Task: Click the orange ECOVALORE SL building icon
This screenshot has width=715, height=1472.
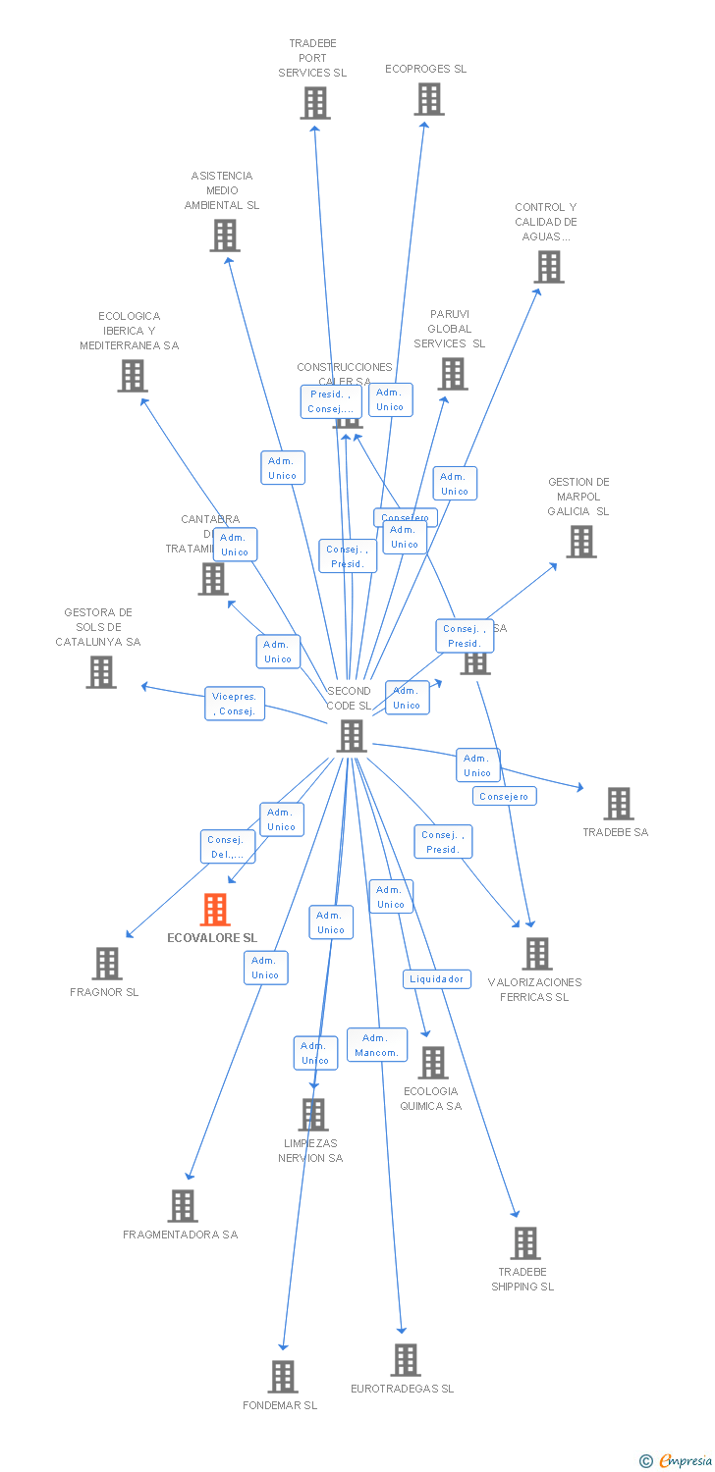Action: [x=215, y=910]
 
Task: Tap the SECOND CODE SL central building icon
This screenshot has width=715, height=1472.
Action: [x=352, y=736]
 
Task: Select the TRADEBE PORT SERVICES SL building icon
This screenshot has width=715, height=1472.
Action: [x=315, y=103]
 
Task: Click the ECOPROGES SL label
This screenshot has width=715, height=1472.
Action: [x=426, y=69]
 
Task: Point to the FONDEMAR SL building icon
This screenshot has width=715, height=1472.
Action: [x=283, y=1376]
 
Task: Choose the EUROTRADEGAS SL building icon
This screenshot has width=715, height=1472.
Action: [x=406, y=1359]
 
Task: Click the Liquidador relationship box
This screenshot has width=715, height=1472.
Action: [x=437, y=978]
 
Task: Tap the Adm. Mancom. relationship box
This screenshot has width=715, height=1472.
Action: [x=377, y=1045]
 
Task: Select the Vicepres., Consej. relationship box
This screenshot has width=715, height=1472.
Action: [x=236, y=704]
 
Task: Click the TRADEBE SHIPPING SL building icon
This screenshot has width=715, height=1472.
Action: [x=525, y=1243]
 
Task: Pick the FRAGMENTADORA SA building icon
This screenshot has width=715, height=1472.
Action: [x=183, y=1205]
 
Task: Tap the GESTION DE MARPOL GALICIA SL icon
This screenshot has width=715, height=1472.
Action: [x=580, y=541]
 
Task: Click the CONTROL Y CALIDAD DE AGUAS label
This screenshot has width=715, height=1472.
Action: [x=546, y=222]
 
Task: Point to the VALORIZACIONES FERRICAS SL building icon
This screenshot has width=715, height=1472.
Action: [x=537, y=953]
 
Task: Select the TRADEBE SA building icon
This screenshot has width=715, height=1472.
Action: [x=618, y=803]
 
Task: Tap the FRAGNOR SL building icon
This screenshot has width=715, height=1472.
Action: [x=107, y=963]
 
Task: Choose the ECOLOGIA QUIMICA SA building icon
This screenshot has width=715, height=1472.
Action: [x=432, y=1062]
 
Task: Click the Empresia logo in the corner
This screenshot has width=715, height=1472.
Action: [x=678, y=1460]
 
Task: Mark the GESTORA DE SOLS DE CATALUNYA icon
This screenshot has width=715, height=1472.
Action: [x=101, y=672]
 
